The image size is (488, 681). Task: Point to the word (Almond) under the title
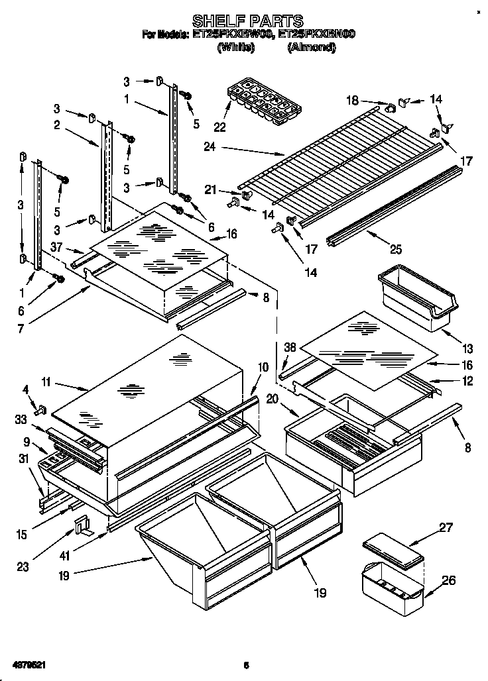(312, 47)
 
